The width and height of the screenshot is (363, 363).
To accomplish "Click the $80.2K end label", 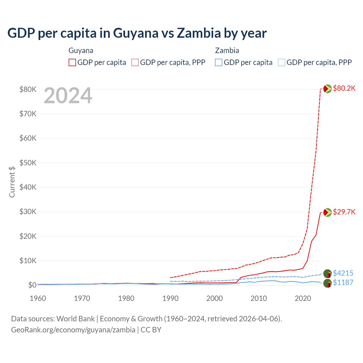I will click(344, 88).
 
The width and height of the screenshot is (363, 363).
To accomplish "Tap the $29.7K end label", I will click(344, 212).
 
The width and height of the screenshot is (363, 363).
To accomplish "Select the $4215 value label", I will click(343, 273).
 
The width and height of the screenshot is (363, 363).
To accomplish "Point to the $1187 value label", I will click(343, 282).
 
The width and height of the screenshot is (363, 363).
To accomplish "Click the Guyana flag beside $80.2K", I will click(328, 89).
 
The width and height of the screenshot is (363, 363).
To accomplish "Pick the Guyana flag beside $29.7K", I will click(328, 212).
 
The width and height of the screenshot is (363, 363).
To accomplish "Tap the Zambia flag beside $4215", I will click(328, 274).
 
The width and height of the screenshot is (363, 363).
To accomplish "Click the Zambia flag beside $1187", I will click(328, 283).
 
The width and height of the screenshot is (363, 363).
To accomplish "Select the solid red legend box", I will click(72, 62).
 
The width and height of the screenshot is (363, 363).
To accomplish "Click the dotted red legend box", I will click(135, 62).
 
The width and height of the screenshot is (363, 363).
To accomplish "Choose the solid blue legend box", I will click(219, 62).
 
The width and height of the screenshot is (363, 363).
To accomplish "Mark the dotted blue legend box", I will click(282, 62).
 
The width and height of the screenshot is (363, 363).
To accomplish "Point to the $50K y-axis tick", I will click(28, 163).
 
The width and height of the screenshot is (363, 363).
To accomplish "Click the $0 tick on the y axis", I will click(32, 285).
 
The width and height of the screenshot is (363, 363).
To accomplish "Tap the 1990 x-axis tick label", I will click(170, 298).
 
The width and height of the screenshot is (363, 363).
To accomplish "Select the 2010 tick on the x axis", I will click(259, 298).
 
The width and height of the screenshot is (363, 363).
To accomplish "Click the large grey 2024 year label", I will click(68, 96).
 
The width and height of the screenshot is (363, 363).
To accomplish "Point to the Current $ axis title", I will click(12, 182).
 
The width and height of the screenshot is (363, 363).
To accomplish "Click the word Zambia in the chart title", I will click(199, 33).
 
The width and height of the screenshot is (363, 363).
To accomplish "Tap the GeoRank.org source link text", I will click(73, 330).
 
